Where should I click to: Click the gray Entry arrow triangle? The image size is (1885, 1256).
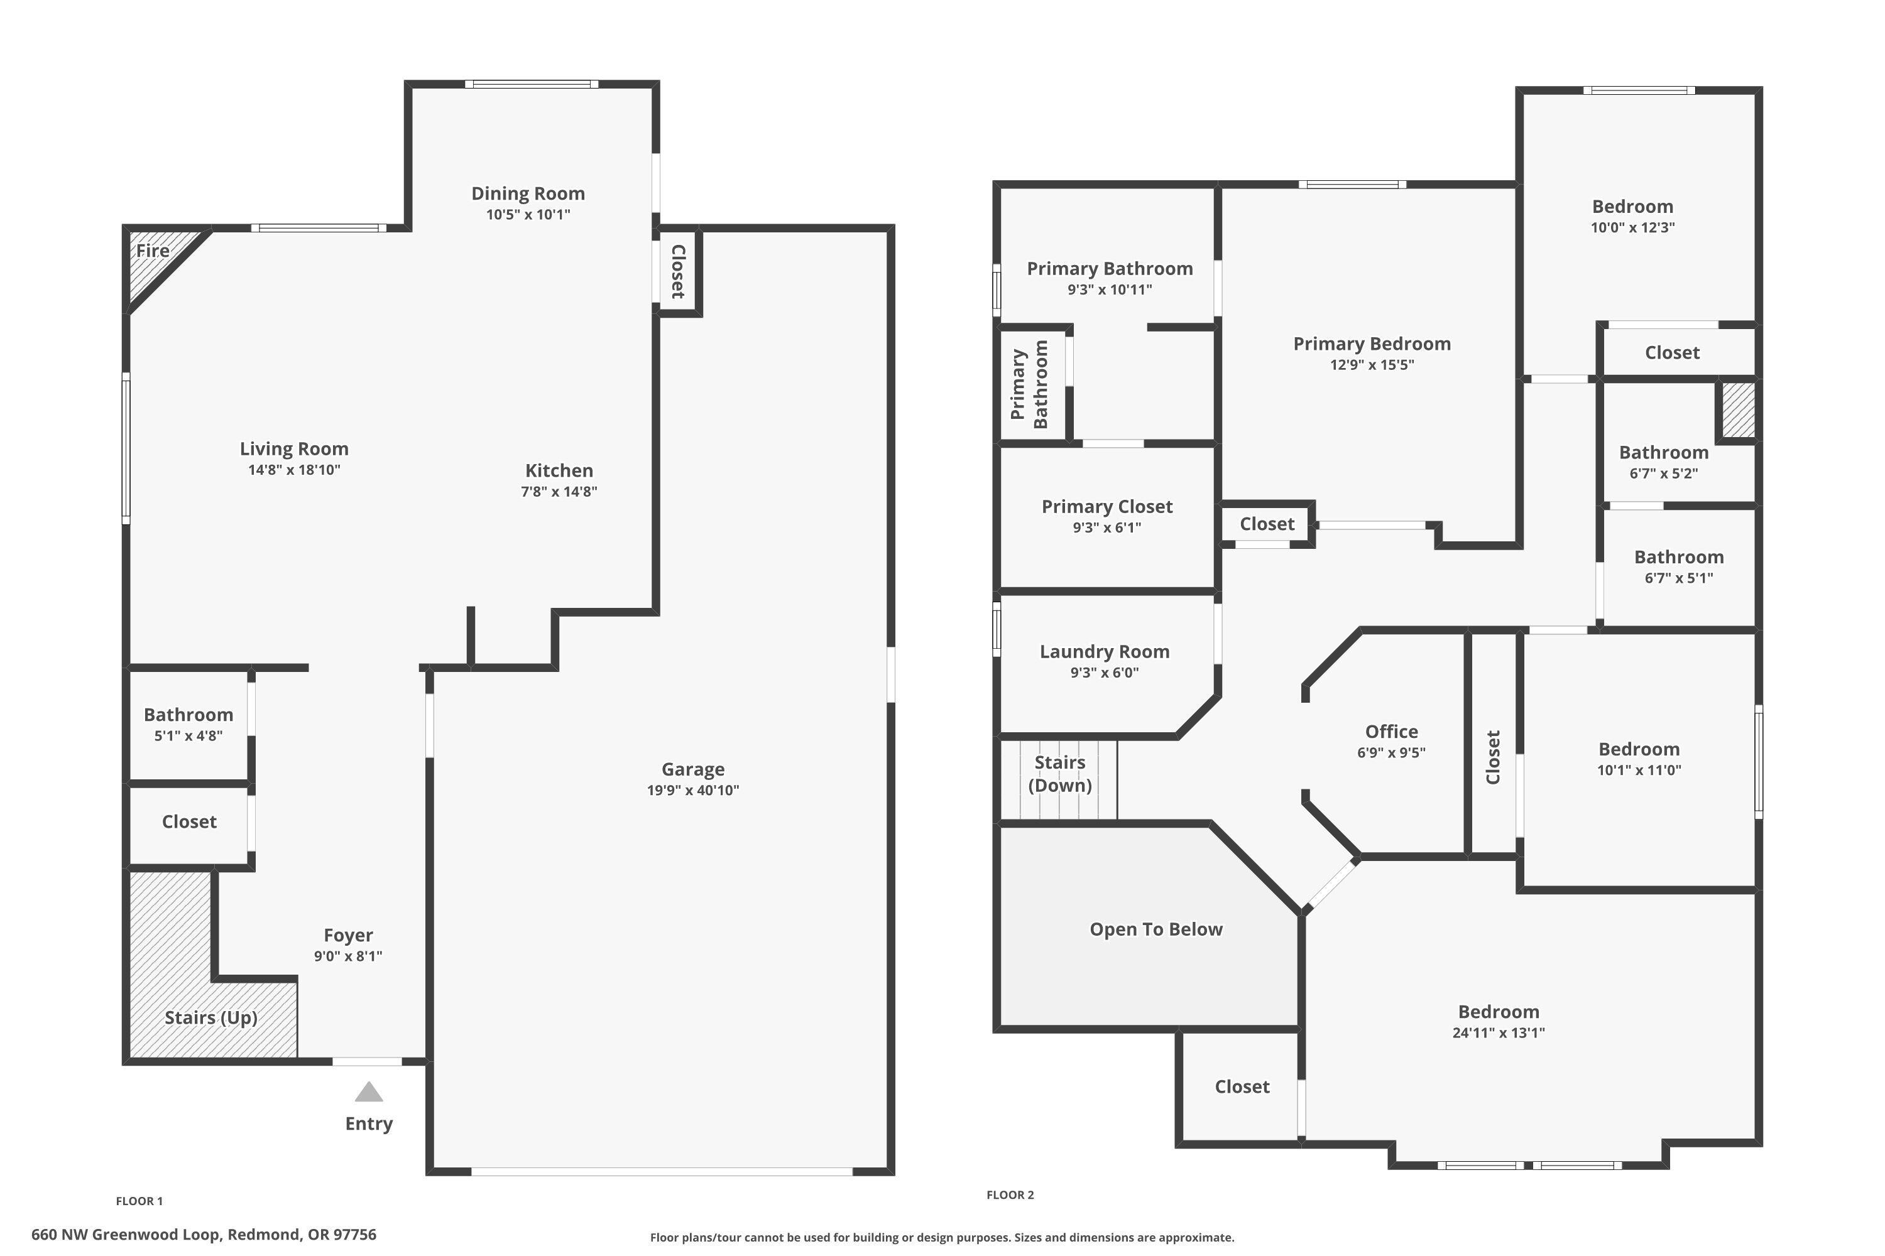coord(369,1093)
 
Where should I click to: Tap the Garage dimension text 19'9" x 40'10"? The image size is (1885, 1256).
coord(692,791)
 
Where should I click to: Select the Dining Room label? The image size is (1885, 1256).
coord(527,193)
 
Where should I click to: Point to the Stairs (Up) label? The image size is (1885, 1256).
coord(210,1017)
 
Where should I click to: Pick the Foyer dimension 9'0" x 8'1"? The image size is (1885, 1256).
coord(348,956)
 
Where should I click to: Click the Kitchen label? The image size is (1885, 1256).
coord(559,470)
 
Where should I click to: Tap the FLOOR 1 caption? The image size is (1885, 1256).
coord(139,1201)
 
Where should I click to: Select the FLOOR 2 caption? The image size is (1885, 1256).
coord(1010,1194)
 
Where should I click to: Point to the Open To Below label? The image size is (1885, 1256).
coord(1156,929)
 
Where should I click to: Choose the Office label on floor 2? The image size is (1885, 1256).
coord(1391,732)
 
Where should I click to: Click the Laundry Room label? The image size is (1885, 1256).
coord(1105,651)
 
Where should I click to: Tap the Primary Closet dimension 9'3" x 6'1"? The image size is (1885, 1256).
coord(1106,527)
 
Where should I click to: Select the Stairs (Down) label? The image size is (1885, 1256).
coord(1059,774)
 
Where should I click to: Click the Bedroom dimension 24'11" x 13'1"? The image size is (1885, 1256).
coord(1498,1032)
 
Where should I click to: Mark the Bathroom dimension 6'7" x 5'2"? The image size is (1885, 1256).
coord(1663,474)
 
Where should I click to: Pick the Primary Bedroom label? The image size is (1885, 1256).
coord(1371,344)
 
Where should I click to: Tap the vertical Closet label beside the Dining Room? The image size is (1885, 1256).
coord(678,271)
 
